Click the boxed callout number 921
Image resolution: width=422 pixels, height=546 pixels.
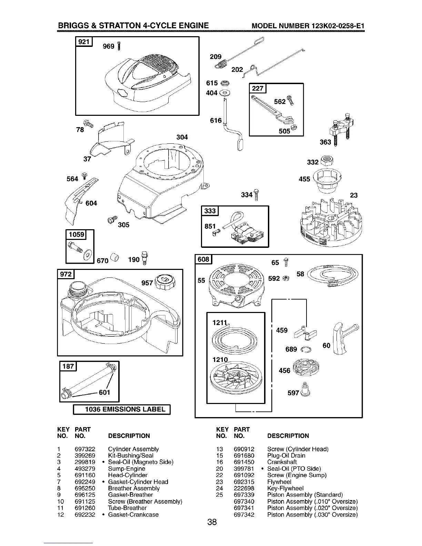[84, 42]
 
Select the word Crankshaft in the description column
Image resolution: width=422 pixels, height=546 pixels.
[282, 462]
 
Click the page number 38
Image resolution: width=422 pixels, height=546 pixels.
[211, 523]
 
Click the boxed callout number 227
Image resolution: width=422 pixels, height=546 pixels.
[258, 89]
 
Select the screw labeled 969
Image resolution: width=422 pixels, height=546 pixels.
[119, 46]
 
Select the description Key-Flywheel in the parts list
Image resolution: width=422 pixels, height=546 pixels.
[285, 488]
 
